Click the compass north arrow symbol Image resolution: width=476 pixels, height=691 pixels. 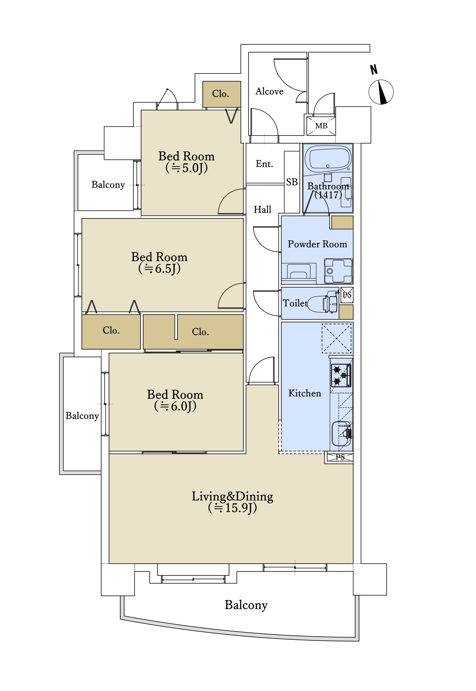381,92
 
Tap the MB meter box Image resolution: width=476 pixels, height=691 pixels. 321,126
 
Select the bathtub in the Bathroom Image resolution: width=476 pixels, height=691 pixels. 328,158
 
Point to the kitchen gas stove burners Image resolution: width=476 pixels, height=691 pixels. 341,375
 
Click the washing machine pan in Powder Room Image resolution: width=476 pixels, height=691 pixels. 339,271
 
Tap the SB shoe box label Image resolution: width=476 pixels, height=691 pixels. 292,182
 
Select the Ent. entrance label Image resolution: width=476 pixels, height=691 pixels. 264,164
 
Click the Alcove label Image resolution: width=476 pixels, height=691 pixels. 269,91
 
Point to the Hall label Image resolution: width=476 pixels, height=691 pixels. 262,210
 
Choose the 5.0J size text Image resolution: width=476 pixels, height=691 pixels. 187,168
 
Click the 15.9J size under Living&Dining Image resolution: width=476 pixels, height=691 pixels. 232,508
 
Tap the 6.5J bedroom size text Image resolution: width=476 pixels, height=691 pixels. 159,268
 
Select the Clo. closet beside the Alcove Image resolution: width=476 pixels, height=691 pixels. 222,94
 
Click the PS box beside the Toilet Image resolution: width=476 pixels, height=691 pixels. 347,295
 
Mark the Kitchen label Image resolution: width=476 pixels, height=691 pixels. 305,393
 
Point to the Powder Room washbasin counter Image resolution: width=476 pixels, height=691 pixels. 299,273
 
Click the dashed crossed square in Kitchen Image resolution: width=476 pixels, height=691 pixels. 336,338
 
